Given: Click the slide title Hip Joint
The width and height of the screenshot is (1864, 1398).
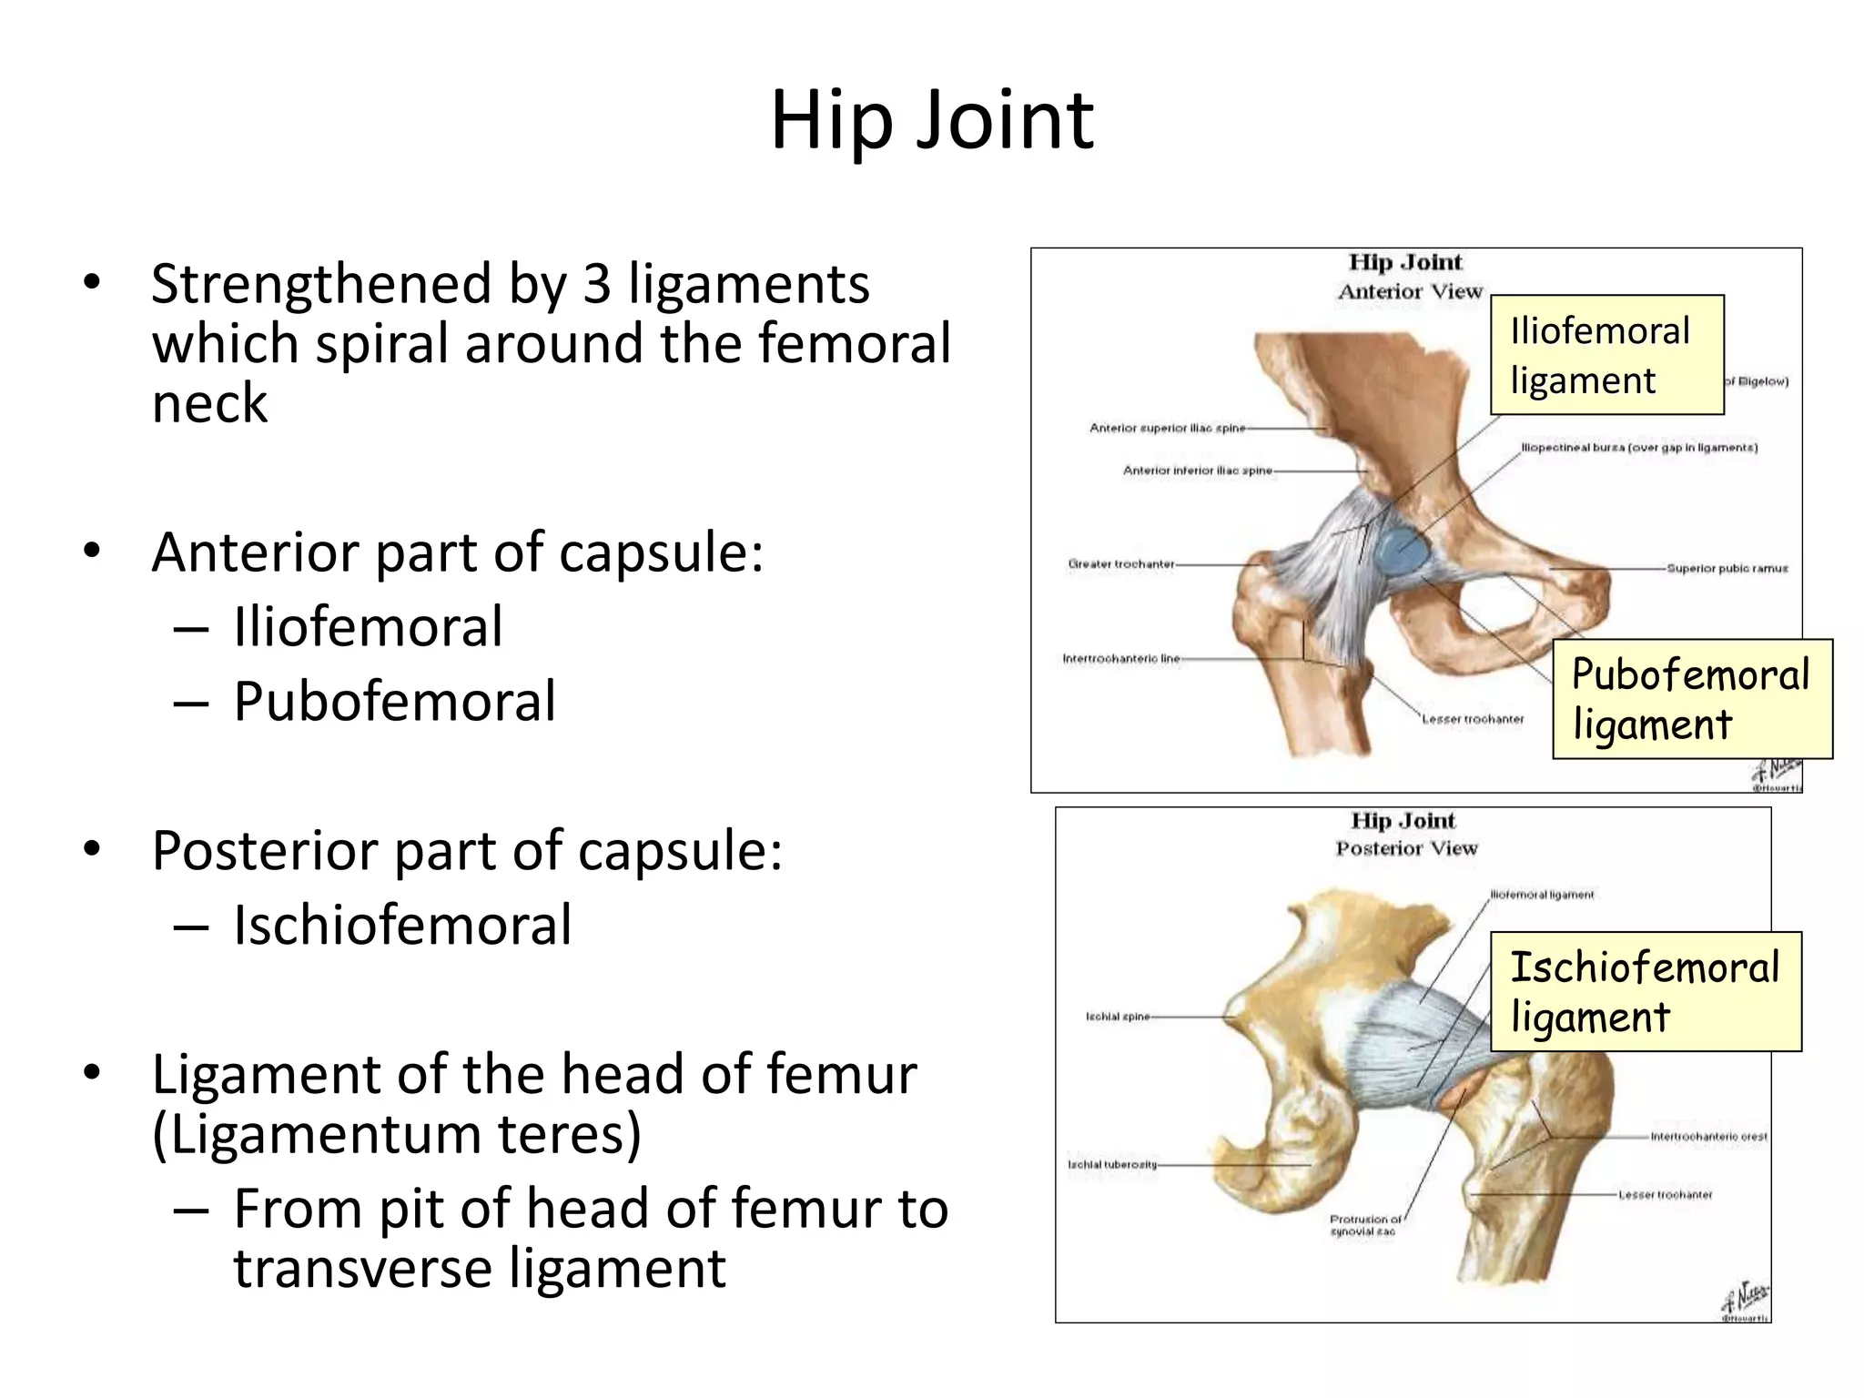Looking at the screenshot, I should point(931,120).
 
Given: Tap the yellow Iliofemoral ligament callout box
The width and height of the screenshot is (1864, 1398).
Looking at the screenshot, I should point(1606,355).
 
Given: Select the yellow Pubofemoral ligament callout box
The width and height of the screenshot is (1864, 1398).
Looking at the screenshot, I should point(1691,699).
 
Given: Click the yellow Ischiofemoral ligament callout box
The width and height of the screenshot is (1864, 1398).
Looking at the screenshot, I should point(1645,991).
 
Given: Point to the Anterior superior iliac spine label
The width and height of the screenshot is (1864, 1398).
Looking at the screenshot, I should point(1167,428).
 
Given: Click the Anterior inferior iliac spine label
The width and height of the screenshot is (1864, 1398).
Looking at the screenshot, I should point(1197,471).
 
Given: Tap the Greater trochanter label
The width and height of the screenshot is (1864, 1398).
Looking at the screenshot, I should point(1121,564).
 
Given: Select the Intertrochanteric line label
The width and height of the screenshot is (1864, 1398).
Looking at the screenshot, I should point(1121,658).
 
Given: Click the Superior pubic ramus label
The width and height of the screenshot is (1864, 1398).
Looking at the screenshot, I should point(1727,568).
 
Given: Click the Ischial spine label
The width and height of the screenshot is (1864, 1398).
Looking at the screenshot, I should point(1117,1017).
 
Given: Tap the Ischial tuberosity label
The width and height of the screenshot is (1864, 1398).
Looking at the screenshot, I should point(1112,1164).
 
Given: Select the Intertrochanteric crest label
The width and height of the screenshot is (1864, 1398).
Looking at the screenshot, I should point(1708,1137).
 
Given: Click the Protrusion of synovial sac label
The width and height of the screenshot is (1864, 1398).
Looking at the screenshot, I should point(1364,1225).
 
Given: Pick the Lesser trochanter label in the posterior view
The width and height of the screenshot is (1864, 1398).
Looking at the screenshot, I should point(1665,1195).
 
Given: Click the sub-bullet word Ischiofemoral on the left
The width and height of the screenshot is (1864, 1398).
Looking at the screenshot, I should point(402,926).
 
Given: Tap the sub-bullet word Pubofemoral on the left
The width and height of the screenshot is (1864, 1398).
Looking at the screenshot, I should point(394,702).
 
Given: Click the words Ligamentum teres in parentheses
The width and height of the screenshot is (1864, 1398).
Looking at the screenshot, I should point(397,1135).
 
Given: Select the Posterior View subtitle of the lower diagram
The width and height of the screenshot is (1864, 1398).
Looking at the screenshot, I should point(1406,848).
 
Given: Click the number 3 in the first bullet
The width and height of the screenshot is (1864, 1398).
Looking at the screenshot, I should point(596,284).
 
